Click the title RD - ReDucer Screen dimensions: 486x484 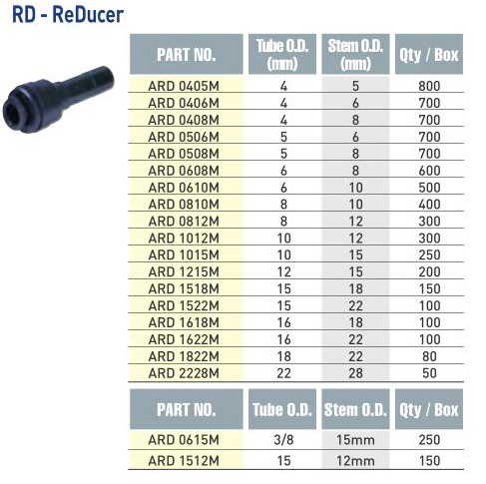coord(68,15)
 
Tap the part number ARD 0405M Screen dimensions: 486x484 coord(184,86)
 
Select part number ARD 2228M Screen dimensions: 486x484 coord(184,373)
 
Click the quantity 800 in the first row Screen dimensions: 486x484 coord(429,86)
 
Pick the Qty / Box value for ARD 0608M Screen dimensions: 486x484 coord(429,171)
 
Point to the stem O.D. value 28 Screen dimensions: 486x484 coord(355,373)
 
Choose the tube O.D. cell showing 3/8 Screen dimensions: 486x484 coord(283,440)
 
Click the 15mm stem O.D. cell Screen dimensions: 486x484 coord(355,440)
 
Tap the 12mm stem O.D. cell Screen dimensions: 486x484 coord(355,461)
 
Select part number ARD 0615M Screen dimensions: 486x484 coord(184,440)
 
